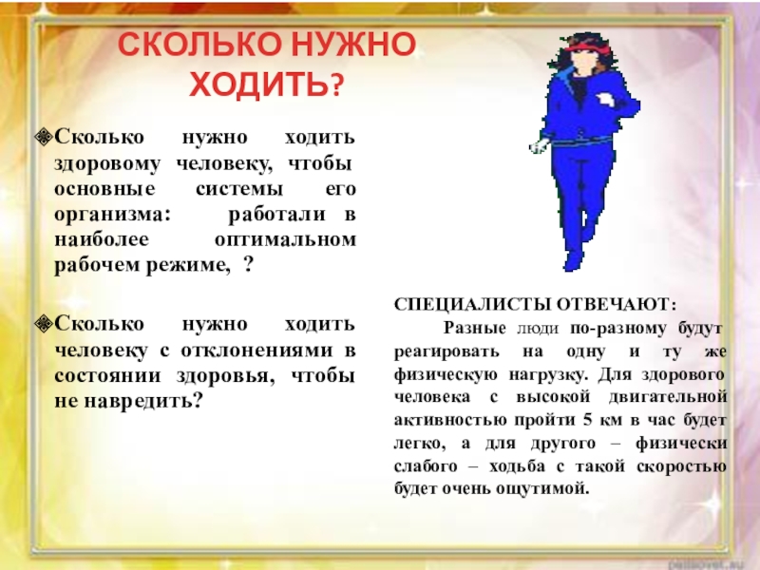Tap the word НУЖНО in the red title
point(353,44)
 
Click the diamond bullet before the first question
point(44,137)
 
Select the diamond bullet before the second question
point(44,323)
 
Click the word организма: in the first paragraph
point(113,215)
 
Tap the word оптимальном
point(286,239)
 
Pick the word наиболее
point(102,239)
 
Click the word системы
point(239,188)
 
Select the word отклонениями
point(256,350)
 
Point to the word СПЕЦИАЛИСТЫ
point(472,304)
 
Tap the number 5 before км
point(587,420)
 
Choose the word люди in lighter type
point(538,329)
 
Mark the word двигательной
point(669,396)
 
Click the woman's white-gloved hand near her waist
point(538,146)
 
